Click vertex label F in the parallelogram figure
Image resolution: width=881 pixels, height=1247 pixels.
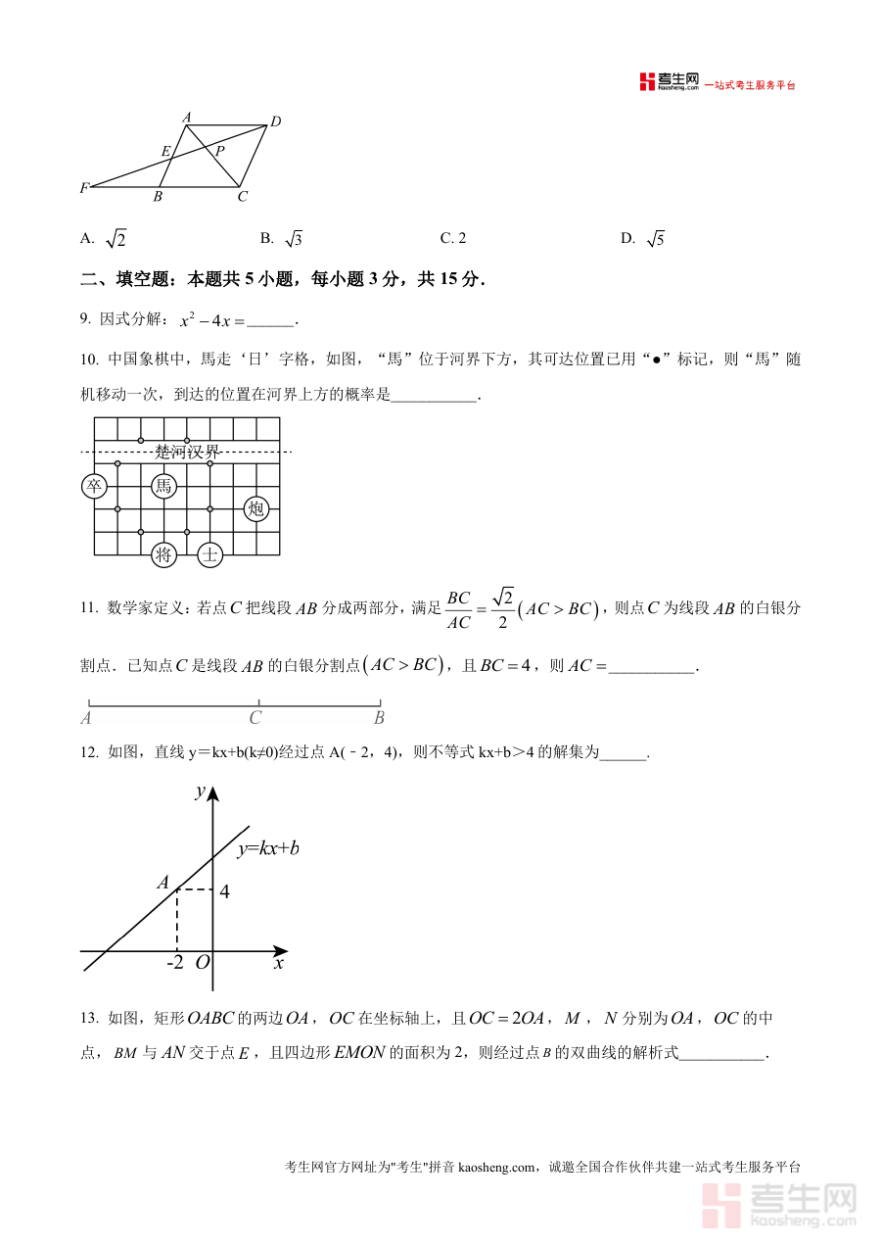click(x=85, y=187)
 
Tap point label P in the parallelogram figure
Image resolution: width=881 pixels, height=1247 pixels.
click(x=219, y=151)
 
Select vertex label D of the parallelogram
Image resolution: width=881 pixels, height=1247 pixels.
click(x=275, y=121)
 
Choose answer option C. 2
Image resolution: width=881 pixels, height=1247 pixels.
click(x=453, y=238)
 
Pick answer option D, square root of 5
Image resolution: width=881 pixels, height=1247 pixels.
click(x=642, y=239)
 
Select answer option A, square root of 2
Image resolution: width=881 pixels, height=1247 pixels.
click(x=104, y=239)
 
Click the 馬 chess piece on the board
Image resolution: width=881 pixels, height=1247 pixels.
click(x=163, y=486)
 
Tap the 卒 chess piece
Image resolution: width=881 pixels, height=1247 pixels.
click(x=94, y=486)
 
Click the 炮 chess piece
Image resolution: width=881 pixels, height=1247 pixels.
click(x=256, y=508)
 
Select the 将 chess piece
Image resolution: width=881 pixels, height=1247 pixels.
click(x=163, y=555)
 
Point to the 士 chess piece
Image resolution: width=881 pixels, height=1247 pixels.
click(x=210, y=555)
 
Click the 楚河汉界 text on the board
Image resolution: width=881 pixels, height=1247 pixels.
click(x=187, y=452)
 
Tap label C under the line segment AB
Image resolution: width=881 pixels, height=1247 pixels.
click(x=255, y=718)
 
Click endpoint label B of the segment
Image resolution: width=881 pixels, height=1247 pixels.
click(x=379, y=718)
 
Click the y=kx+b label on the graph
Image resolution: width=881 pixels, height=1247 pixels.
click(x=267, y=848)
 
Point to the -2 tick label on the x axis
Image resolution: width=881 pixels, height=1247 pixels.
click(x=174, y=963)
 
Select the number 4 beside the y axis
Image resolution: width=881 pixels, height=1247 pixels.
click(x=224, y=892)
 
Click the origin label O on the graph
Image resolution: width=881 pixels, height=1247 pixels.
click(x=202, y=963)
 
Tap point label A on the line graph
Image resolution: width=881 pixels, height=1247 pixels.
click(x=163, y=883)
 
